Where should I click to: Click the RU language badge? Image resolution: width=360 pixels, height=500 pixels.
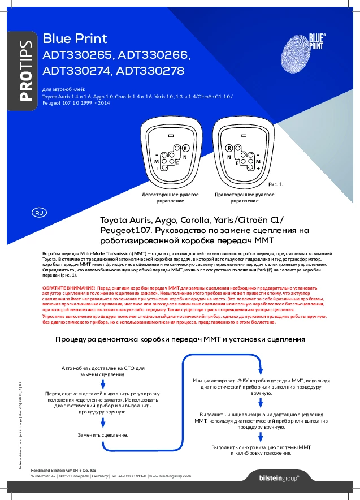tap(39, 213)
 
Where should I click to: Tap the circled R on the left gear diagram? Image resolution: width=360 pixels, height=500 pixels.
tap(185, 148)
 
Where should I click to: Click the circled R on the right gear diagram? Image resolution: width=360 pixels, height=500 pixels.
tap(229, 148)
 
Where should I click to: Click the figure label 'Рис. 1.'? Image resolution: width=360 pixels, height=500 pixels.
tap(275, 184)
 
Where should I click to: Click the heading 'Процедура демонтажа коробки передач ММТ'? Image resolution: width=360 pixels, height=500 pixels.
tap(180, 339)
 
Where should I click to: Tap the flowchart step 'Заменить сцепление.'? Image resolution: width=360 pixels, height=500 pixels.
tap(103, 435)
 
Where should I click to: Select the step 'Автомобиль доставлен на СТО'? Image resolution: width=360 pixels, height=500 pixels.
tap(103, 371)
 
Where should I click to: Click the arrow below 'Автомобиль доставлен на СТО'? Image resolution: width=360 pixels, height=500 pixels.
tap(103, 383)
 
